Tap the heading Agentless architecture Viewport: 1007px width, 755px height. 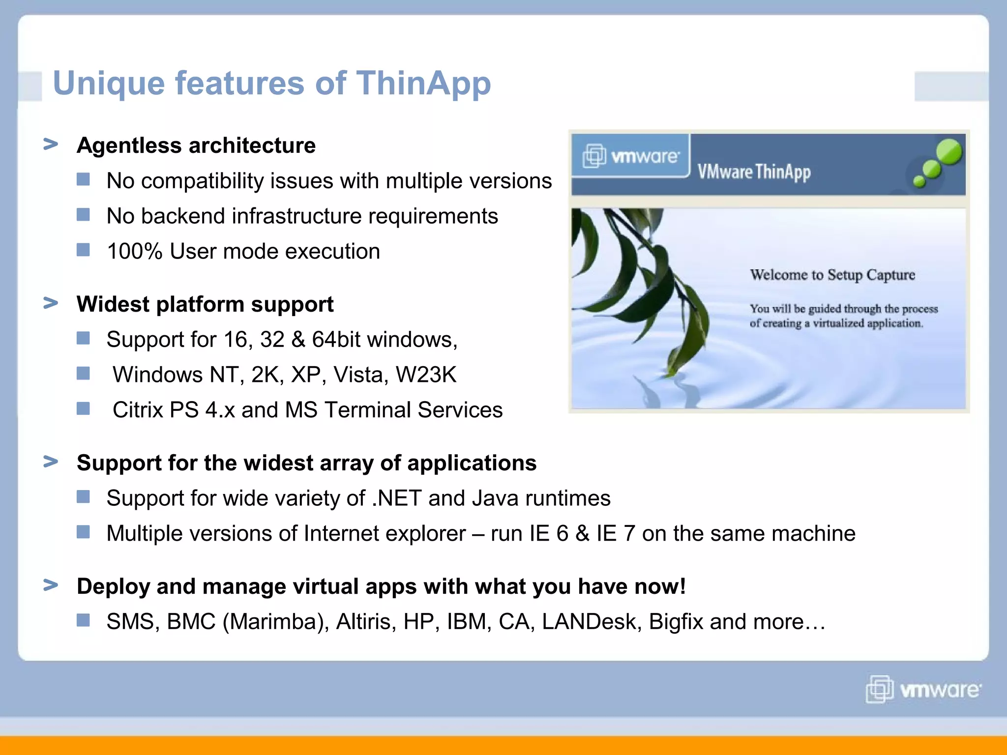pos(196,145)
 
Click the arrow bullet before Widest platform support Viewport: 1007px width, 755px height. pos(51,303)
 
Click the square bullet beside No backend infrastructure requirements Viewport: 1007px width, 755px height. pos(84,215)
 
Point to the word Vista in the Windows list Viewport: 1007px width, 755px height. pos(358,375)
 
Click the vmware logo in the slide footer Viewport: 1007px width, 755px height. pos(923,690)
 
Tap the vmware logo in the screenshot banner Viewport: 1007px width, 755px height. pos(631,156)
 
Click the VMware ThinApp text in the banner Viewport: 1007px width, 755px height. pos(754,172)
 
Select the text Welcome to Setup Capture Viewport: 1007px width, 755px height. pos(832,275)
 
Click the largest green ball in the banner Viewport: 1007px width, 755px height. pos(949,151)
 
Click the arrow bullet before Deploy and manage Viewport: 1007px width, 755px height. pos(51,585)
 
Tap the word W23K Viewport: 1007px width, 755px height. pos(426,375)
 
